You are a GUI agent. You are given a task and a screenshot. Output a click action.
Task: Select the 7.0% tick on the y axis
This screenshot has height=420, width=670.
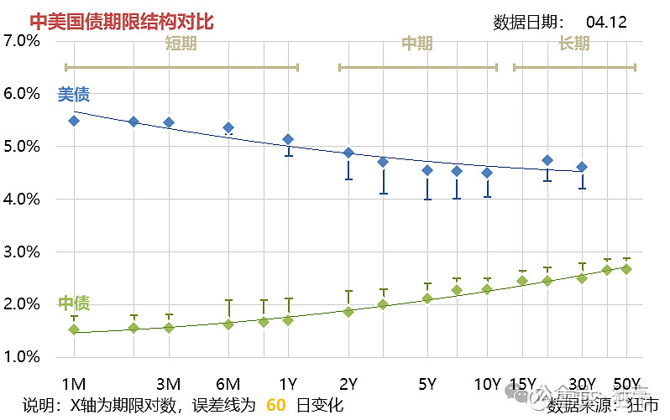(x=22, y=40)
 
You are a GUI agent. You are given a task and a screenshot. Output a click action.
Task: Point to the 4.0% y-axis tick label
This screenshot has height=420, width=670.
(x=22, y=199)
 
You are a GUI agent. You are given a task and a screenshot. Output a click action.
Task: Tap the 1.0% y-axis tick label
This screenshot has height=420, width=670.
(x=22, y=356)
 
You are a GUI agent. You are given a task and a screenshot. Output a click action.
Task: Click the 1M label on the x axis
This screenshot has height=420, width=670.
(x=74, y=384)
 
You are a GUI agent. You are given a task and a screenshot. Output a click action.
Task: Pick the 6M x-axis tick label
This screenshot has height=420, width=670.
(x=228, y=384)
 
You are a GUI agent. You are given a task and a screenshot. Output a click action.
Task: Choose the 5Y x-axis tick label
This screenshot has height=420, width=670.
(x=427, y=384)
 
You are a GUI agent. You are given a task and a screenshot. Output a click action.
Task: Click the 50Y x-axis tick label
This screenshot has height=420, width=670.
(x=627, y=384)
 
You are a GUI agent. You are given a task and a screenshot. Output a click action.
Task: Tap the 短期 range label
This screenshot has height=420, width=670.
(x=181, y=44)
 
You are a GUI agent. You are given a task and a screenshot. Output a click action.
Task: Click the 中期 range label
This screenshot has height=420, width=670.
(x=417, y=44)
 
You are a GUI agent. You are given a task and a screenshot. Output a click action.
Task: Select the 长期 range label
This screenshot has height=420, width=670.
(x=574, y=44)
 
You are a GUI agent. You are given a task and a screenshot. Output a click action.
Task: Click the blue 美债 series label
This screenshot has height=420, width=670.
(x=73, y=95)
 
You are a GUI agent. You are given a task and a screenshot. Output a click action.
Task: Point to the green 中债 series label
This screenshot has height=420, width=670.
(x=74, y=303)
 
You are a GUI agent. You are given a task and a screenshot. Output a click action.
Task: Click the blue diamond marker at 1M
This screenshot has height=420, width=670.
(x=74, y=121)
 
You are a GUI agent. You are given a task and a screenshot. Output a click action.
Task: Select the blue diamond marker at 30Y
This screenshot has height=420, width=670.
(x=582, y=167)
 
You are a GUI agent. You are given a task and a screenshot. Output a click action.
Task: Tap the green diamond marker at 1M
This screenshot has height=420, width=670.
(x=74, y=329)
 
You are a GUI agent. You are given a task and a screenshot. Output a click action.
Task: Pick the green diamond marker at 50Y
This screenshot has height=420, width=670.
(x=626, y=269)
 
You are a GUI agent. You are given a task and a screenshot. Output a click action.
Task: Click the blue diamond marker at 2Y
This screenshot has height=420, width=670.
(x=348, y=153)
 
